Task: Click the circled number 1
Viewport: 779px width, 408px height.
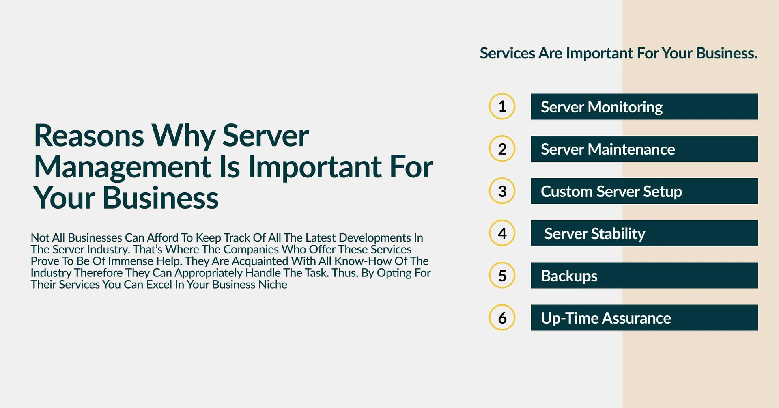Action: [502, 106]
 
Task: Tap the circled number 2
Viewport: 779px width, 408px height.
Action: [502, 149]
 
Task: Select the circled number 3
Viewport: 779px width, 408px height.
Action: [502, 191]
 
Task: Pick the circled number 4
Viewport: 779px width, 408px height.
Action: [502, 233]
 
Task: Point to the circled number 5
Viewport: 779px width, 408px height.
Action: [502, 275]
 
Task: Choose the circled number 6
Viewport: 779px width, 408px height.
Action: [502, 317]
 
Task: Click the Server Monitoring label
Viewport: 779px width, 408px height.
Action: [601, 107]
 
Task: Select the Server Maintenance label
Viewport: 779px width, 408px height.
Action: [608, 149]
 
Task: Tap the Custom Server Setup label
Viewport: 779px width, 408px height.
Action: [611, 192]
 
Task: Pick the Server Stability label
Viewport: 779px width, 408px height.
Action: [594, 234]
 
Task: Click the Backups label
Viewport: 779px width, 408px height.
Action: [569, 276]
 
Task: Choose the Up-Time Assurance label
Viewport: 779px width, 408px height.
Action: [606, 318]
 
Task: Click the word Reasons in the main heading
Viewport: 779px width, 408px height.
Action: [89, 135]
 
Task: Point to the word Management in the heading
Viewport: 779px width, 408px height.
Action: [123, 167]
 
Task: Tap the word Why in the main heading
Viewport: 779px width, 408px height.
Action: [183, 136]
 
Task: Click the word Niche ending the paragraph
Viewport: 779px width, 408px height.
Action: [273, 284]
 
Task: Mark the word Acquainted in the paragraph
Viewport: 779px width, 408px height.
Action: [259, 261]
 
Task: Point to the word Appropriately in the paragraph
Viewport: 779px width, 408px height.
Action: [209, 273]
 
